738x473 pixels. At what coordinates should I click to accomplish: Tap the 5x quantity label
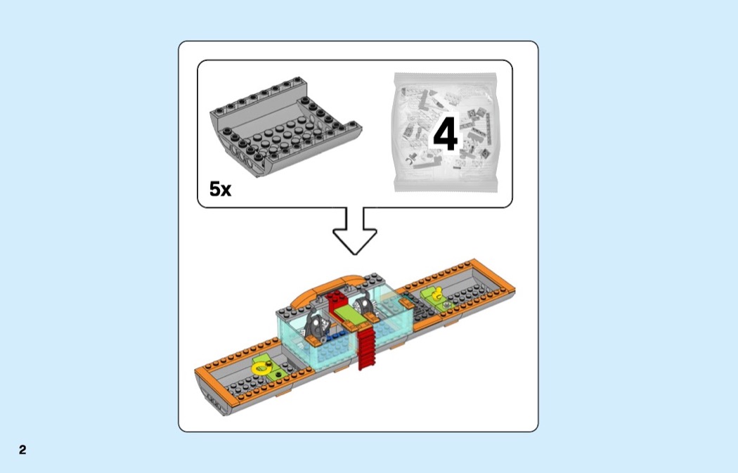tap(220, 189)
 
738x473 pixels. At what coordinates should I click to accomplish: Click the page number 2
tap(22, 450)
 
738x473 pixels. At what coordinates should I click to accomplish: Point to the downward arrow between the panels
tap(355, 231)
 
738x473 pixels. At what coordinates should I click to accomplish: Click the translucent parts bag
tap(445, 132)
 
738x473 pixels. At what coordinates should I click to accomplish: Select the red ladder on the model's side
tap(368, 349)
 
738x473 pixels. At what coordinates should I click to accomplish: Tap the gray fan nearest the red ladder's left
tap(317, 323)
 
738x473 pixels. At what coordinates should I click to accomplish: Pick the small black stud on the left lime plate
tap(280, 374)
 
